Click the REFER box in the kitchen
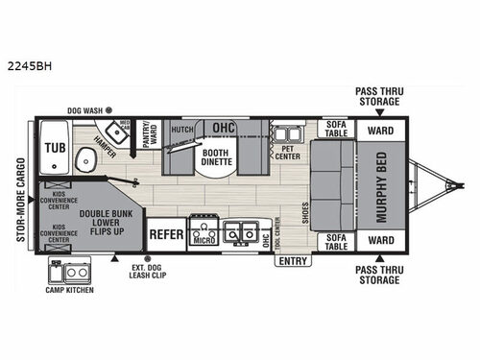click(165, 231)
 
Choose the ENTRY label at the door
click(295, 260)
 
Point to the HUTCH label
click(182, 127)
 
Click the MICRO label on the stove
click(203, 239)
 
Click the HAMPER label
click(107, 146)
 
